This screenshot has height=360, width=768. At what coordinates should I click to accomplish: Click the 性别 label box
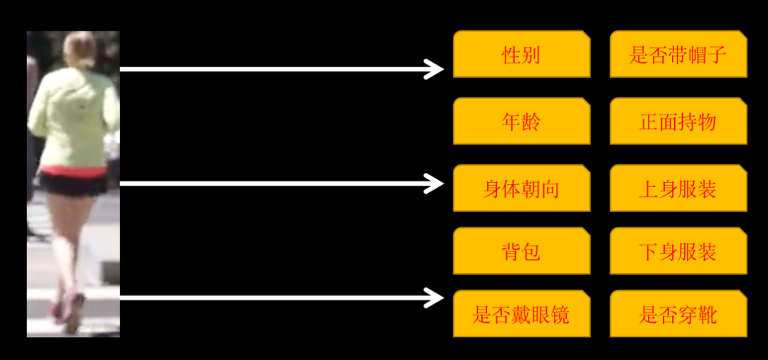click(521, 54)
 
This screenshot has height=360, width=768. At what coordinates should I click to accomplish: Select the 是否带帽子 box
click(678, 54)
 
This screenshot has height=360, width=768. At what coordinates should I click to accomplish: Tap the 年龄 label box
click(521, 121)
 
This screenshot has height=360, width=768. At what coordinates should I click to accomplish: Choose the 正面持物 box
click(678, 121)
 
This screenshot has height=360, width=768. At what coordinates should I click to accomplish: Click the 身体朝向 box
click(521, 189)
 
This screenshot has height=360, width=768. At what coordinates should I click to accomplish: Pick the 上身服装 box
click(678, 189)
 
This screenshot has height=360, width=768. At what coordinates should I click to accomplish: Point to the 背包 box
click(521, 251)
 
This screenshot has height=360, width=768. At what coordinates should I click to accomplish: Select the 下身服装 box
click(678, 251)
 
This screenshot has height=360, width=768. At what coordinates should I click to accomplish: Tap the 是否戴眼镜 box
click(521, 314)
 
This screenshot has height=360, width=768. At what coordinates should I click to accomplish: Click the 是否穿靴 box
click(678, 314)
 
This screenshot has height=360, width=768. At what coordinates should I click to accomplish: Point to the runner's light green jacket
click(73, 117)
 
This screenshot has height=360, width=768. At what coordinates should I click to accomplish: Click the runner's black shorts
click(73, 184)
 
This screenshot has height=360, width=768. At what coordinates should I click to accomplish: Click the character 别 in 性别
click(530, 55)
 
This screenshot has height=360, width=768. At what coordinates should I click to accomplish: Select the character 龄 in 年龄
click(530, 122)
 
